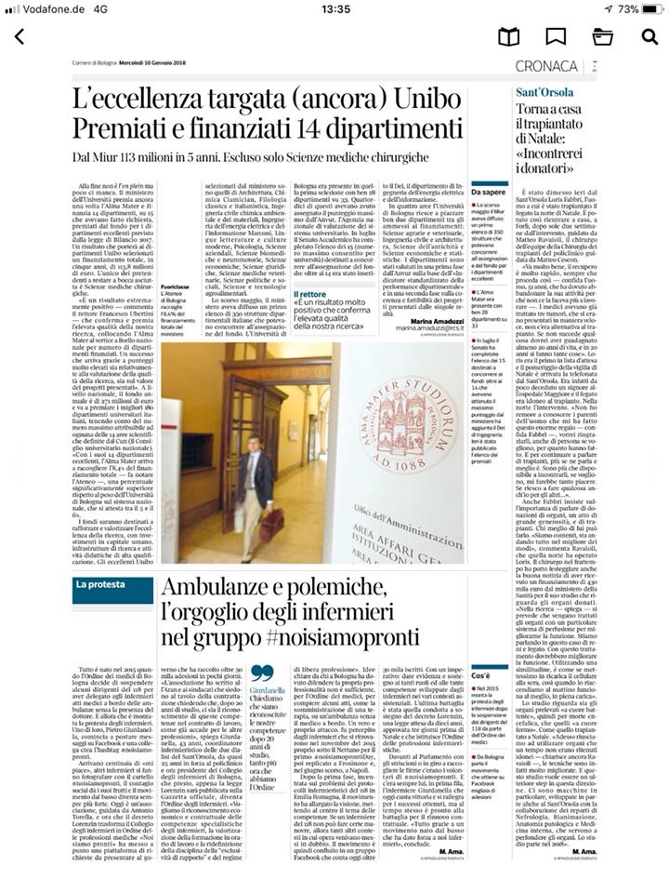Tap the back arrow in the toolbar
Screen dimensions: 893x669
[19, 37]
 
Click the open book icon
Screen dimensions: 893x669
[508, 37]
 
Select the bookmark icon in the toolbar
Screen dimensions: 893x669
[556, 37]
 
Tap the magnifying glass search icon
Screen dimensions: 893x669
[649, 37]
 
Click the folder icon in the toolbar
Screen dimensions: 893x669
[602, 37]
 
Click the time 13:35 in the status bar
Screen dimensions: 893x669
[334, 8]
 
